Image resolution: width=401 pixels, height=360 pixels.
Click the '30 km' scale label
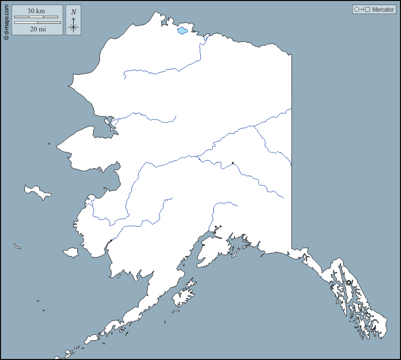point(37,11)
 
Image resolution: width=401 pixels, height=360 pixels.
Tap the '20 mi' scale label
point(37,29)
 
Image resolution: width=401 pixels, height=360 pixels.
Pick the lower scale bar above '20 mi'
point(37,23)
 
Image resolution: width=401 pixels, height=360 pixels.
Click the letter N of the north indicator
point(74,12)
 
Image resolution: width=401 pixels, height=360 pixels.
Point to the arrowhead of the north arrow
point(74,19)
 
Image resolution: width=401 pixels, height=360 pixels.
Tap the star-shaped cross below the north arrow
point(74,28)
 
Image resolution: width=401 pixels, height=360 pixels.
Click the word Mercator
point(383,10)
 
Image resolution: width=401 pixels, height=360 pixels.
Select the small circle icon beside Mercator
point(357,10)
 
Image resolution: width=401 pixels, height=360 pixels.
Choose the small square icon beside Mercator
point(368,10)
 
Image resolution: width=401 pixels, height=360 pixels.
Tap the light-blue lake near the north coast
point(182,31)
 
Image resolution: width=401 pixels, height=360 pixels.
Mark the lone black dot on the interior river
point(233,163)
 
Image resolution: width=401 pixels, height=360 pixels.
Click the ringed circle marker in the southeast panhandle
point(348,282)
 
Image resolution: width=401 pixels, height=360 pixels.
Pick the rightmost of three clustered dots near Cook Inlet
point(220,227)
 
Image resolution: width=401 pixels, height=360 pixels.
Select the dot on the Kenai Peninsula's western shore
point(203,245)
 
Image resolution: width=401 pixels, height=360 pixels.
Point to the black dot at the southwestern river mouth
point(110,240)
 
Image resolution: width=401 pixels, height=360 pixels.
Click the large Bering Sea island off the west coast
point(37,191)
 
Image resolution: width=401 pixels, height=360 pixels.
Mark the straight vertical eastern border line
point(292,151)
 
